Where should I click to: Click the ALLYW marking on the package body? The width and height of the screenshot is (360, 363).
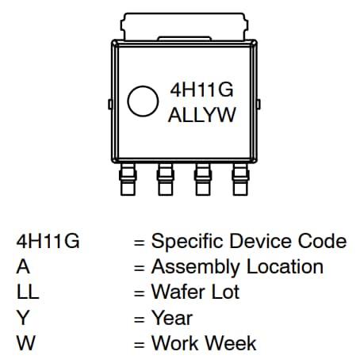click(x=203, y=115)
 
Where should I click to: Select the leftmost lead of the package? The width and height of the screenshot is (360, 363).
click(x=127, y=181)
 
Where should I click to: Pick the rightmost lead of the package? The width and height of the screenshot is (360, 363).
click(x=240, y=181)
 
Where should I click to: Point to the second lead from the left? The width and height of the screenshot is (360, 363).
click(x=165, y=181)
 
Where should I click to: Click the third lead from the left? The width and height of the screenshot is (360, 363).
click(x=203, y=181)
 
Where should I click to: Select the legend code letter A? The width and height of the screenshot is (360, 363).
click(x=22, y=267)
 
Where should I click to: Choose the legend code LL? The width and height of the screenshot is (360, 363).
click(x=27, y=292)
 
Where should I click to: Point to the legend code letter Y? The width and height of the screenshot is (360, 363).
click(x=22, y=318)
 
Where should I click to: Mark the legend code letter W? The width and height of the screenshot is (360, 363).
click(x=24, y=343)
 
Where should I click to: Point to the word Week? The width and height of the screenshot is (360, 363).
click(x=232, y=343)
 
